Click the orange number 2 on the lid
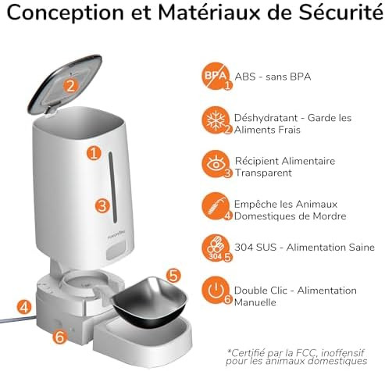tap(70, 85)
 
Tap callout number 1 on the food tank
tap(94, 153)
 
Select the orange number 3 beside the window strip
tap(102, 205)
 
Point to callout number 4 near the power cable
tap(24, 307)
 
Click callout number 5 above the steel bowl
tap(173, 276)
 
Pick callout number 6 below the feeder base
tap(60, 337)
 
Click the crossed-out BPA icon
tap(216, 76)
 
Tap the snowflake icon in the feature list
tap(216, 120)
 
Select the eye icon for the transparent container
tap(216, 164)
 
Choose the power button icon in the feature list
tap(216, 291)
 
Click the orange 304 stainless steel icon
tap(216, 248)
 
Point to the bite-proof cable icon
tap(216, 206)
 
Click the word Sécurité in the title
tap(340, 12)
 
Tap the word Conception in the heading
tap(65, 13)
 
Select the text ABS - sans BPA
tap(273, 77)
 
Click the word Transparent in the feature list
tap(263, 173)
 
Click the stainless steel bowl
tap(149, 302)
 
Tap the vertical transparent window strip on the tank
tap(112, 187)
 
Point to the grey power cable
tap(17, 319)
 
